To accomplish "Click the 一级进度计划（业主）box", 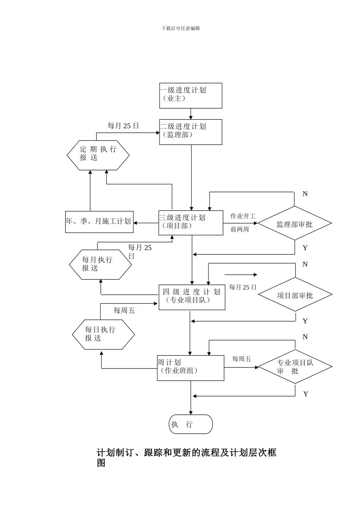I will pyautogui.click(x=190, y=96).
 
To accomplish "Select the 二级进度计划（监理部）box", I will pyautogui.click(x=190, y=132).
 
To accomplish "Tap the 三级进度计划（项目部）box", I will pyautogui.click(x=190, y=223).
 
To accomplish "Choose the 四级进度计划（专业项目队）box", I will pyautogui.click(x=192, y=297).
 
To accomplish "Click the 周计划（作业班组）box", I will pyautogui.click(x=190, y=368).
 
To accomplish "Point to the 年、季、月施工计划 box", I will pyautogui.click(x=99, y=222).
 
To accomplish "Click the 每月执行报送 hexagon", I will pyautogui.click(x=100, y=265).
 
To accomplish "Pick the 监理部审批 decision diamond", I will pyautogui.click(x=294, y=224).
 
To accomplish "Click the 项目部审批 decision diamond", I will pyautogui.click(x=295, y=295).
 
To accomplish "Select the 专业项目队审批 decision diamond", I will pyautogui.click(x=295, y=367).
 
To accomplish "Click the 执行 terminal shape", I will pyautogui.click(x=190, y=424).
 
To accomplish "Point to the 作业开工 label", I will pyautogui.click(x=243, y=216).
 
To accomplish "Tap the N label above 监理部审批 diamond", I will pyautogui.click(x=305, y=194).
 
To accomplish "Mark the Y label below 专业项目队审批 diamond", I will pyautogui.click(x=306, y=394).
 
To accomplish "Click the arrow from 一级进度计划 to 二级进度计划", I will pyautogui.click(x=191, y=114).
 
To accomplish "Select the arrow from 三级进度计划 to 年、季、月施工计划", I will pyautogui.click(x=146, y=223).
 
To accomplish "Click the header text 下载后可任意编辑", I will pyautogui.click(x=180, y=28).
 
